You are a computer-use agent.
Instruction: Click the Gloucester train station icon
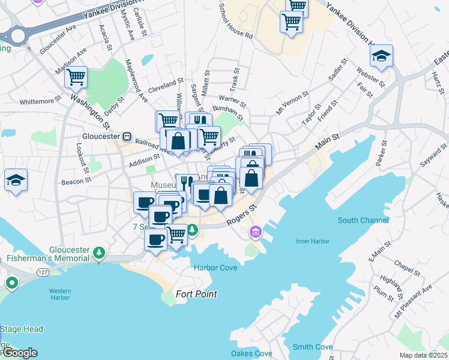pos(127,136)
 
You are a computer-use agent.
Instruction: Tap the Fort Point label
pos(196,294)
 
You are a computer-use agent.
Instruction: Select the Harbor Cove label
pos(215,268)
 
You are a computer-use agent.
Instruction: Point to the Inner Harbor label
pos(312,242)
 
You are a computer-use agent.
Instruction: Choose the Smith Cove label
pos(312,347)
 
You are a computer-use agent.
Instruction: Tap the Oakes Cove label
pos(252,353)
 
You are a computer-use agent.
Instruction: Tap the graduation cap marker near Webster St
pos(381,58)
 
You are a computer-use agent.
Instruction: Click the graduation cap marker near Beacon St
pos(16,180)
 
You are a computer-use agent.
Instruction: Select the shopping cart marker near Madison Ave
pos(76,77)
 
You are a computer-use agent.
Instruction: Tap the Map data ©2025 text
pos(423,355)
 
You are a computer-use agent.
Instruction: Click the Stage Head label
pos(22,329)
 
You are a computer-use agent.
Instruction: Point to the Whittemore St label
pos(40,101)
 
